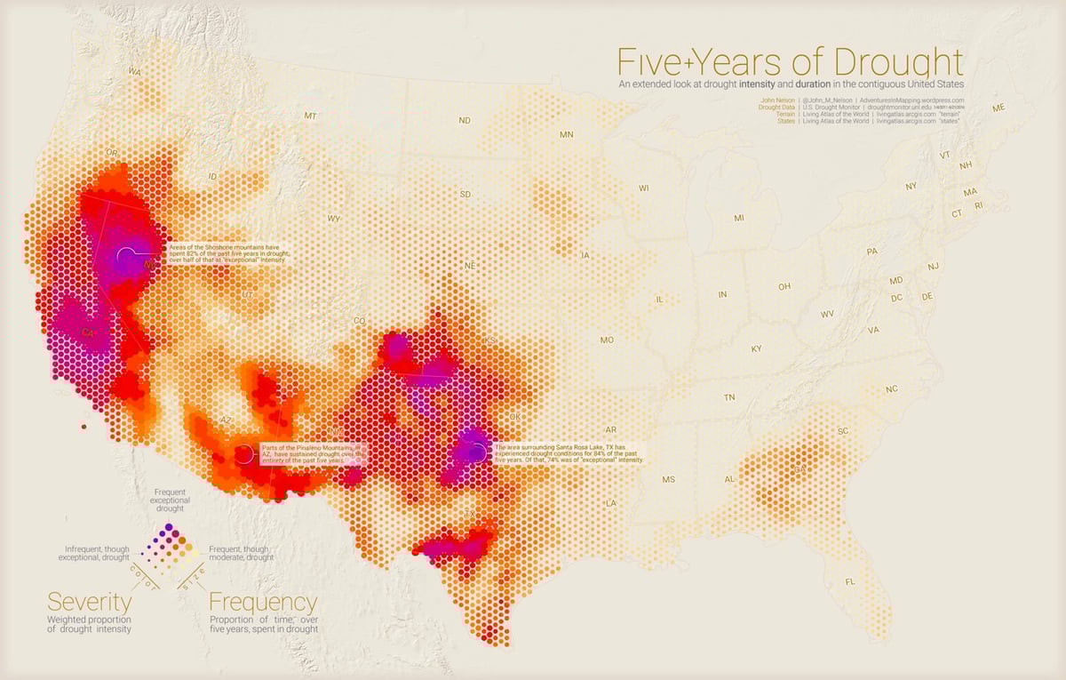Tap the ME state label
point(998,108)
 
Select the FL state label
point(850,582)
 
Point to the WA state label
point(135,71)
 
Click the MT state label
point(310,116)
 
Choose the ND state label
point(465,120)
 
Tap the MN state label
point(567,135)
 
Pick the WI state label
point(644,188)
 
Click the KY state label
point(756,349)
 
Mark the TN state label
point(729,397)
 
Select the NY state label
point(911,187)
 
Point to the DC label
point(896,297)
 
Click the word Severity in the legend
point(89,602)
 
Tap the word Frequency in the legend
point(263,602)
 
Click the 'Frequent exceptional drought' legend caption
point(170,500)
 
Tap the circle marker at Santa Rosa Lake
point(477,452)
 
